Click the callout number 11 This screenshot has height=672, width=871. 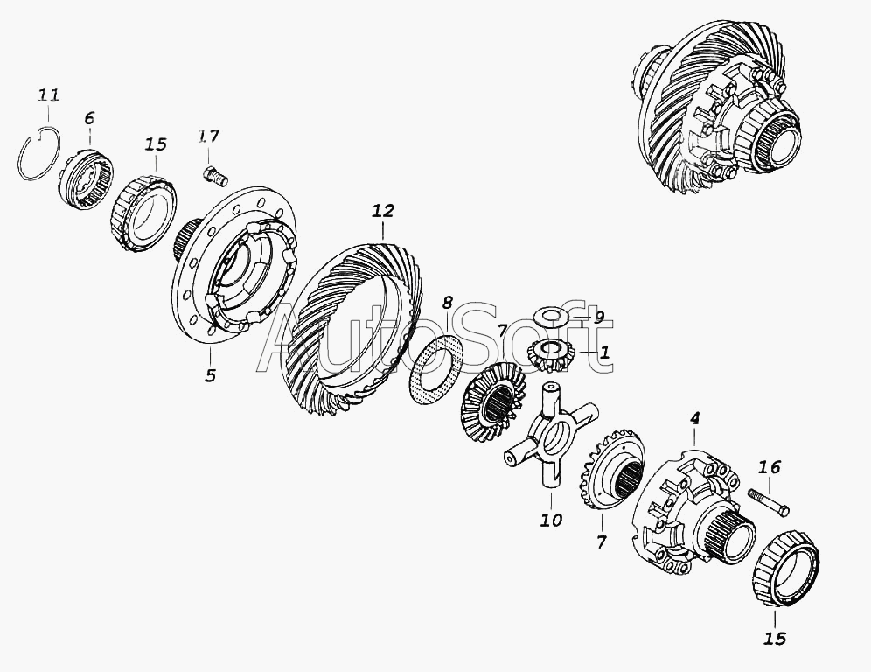[48, 95]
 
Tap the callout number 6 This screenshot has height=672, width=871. [89, 118]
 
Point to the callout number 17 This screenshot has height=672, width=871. [209, 136]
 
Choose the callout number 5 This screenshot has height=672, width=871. [210, 375]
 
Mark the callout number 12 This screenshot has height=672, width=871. [383, 211]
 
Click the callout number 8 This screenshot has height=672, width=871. [447, 303]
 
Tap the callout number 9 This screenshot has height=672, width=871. [599, 318]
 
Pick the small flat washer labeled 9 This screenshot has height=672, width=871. [549, 318]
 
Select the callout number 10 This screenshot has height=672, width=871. [551, 521]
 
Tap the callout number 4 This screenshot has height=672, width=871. [695, 418]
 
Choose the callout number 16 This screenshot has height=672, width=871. [770, 467]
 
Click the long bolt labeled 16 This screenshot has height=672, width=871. [769, 502]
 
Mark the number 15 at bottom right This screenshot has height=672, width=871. [775, 639]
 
